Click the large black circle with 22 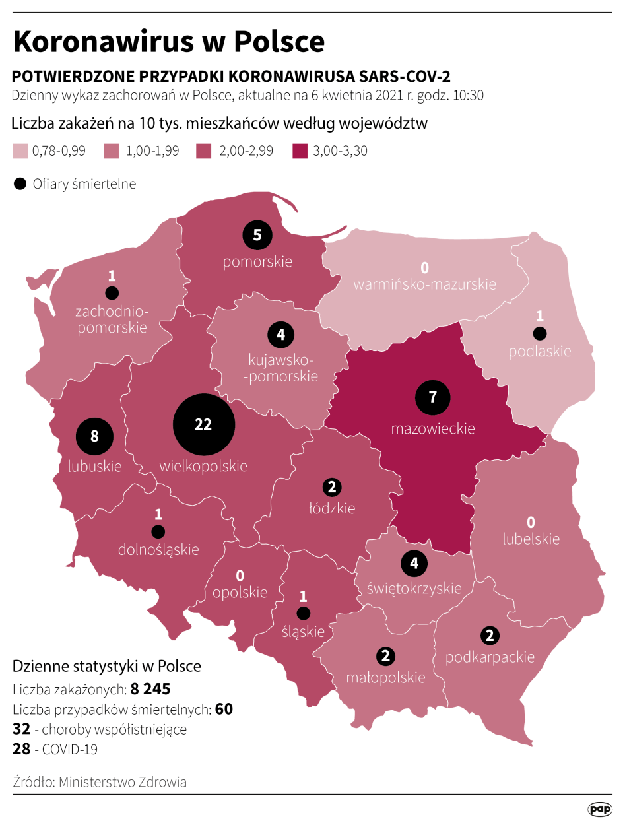203,425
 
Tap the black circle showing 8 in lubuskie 94,436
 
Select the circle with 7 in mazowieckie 433,397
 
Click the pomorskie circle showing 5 257,234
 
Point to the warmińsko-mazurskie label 424,284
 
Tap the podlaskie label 539,351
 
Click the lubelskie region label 531,539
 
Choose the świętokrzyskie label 414,587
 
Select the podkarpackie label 490,657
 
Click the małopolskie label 386,677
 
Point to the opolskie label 240,592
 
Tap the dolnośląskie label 158,549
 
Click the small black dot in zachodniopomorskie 112,292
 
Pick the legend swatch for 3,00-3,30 300,151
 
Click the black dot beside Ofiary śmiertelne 20,184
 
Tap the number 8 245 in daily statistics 150,690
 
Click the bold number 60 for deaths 224,709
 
